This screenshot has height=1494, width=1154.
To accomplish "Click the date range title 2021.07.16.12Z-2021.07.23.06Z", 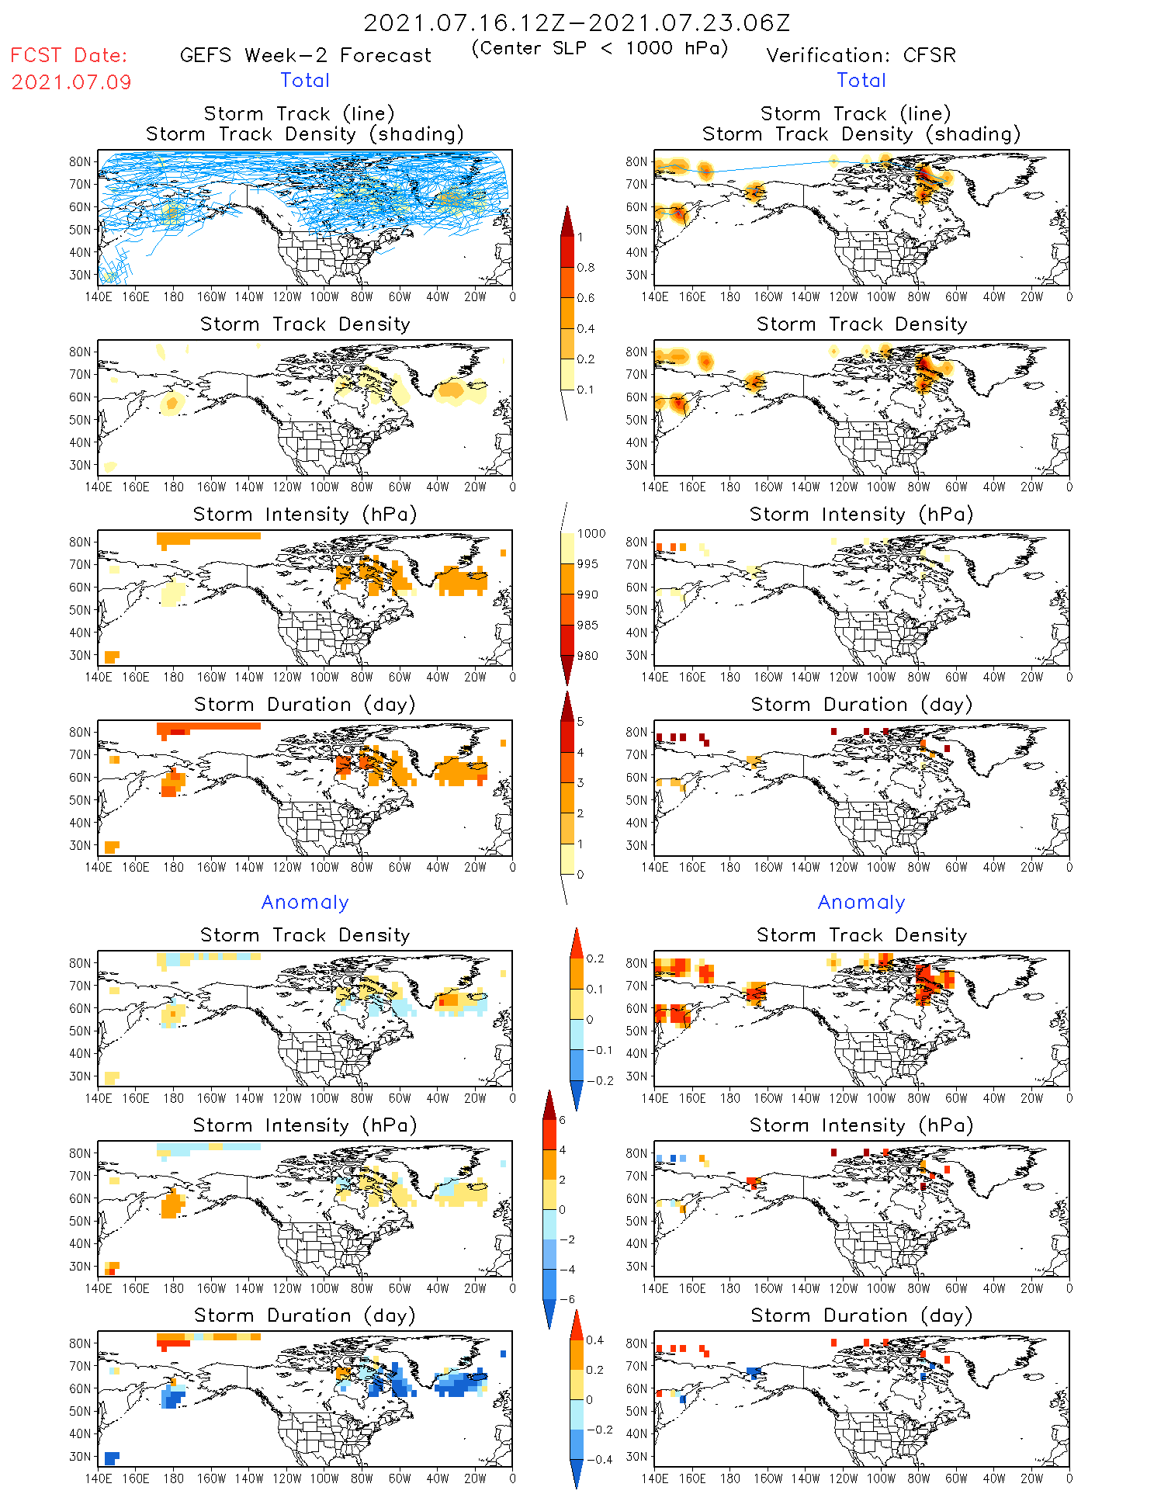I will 577,23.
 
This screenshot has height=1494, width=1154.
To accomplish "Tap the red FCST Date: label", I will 69,55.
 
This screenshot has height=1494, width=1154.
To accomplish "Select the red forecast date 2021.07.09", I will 71,82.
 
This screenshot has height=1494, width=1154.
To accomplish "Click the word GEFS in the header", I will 206,56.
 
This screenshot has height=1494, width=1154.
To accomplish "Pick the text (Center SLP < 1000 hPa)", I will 600,48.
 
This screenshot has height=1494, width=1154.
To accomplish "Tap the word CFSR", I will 930,56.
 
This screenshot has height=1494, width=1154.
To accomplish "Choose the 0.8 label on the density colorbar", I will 586,268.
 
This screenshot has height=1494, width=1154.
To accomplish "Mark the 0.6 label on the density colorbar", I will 586,298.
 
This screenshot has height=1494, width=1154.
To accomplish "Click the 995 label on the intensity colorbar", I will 587,564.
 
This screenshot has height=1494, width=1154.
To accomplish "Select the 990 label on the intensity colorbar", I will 587,594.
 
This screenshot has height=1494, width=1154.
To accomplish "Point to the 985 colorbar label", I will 587,626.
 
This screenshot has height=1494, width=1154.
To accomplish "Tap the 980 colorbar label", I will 587,656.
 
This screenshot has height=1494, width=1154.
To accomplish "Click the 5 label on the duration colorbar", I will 580,722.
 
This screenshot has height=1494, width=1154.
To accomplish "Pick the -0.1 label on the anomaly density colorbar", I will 599,1050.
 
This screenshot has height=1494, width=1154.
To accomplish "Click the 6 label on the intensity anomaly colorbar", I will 563,1120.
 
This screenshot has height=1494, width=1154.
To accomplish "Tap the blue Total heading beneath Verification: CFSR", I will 861,81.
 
